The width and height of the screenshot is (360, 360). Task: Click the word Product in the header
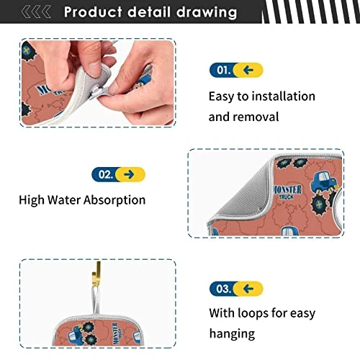(93, 12)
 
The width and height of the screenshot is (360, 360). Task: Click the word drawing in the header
(207, 13)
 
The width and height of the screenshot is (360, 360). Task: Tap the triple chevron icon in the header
(36, 12)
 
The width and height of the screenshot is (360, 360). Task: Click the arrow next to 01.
(248, 70)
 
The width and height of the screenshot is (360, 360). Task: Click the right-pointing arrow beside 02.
(129, 174)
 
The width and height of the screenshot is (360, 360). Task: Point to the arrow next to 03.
(248, 289)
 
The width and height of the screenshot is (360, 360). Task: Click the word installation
(284, 96)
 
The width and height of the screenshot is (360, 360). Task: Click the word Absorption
(114, 200)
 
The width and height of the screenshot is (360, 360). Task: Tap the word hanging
(232, 334)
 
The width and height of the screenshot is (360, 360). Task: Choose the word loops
(248, 313)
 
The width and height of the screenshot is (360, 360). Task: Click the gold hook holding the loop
(96, 274)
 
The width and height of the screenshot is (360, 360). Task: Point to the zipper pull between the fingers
(99, 92)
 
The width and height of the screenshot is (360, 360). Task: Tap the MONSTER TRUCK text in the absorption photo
(287, 192)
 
